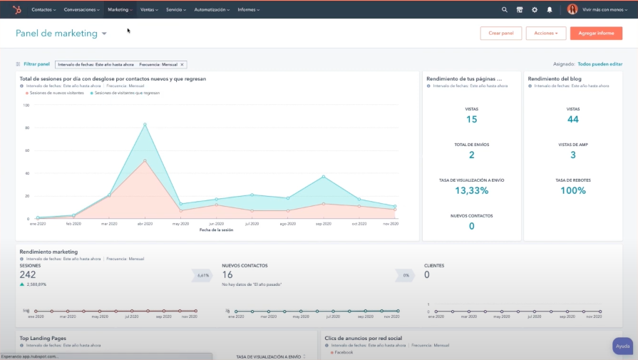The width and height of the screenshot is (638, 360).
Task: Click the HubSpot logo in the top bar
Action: click(x=16, y=10)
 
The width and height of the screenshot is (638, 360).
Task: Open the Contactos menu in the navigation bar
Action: click(x=43, y=10)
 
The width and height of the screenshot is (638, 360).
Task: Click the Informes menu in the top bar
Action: click(x=248, y=10)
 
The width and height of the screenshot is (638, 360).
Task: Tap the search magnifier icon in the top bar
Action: click(x=505, y=10)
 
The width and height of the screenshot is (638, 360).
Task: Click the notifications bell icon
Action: click(x=550, y=10)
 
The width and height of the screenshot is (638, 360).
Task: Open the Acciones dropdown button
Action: click(x=545, y=34)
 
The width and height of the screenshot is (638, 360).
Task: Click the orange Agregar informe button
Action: click(x=596, y=34)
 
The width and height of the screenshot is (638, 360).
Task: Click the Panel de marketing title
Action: click(x=56, y=34)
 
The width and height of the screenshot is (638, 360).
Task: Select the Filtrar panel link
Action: click(x=36, y=64)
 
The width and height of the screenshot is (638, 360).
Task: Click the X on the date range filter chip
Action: click(x=182, y=64)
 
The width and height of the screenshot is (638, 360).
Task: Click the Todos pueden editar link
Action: click(x=600, y=64)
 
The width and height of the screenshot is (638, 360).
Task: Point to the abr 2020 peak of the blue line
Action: click(x=145, y=125)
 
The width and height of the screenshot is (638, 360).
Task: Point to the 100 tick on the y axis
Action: click(x=26, y=106)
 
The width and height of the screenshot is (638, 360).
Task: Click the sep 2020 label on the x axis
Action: click(x=323, y=223)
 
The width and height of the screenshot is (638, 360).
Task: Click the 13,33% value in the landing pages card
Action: click(x=471, y=190)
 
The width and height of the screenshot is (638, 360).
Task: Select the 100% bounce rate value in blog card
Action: click(x=572, y=190)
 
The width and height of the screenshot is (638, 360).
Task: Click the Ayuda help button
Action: click(x=622, y=346)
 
